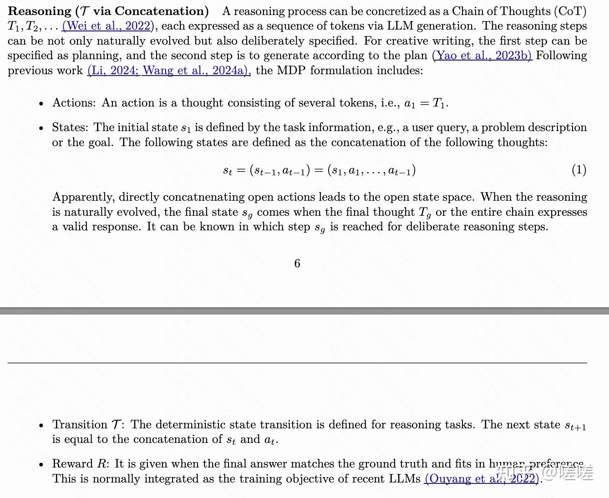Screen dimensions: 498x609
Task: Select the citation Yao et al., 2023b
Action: click(x=482, y=56)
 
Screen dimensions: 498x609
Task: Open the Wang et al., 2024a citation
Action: click(x=196, y=71)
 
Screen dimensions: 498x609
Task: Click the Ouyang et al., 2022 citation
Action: click(x=482, y=479)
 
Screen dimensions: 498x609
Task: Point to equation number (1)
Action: click(x=579, y=170)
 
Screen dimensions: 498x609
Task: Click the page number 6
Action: click(x=297, y=264)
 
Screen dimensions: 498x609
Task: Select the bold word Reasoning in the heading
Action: click(x=40, y=11)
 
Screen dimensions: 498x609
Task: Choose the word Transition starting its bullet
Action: click(x=80, y=425)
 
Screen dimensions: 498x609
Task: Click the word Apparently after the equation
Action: click(x=83, y=197)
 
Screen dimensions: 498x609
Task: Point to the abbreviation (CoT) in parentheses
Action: click(x=573, y=11)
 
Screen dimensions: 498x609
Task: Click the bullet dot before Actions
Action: click(x=41, y=104)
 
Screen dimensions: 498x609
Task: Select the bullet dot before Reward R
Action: click(x=41, y=465)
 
